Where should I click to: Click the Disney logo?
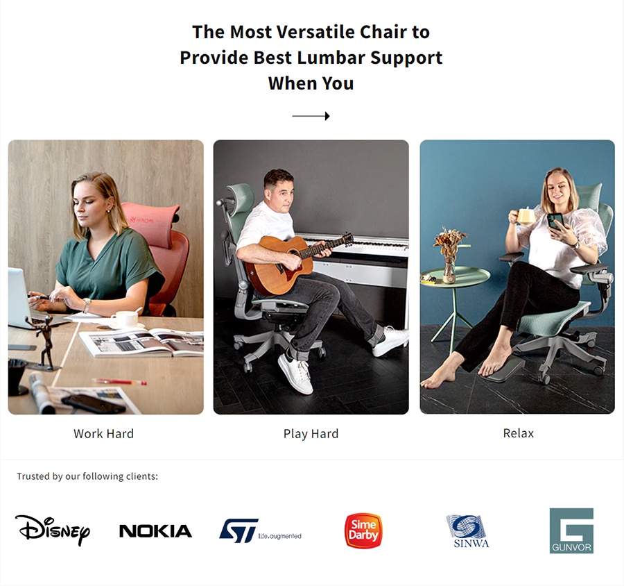[x=53, y=530]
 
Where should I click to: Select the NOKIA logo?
[x=155, y=531]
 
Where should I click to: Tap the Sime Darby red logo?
[x=363, y=530]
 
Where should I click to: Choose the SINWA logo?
[x=467, y=531]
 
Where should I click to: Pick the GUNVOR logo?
[x=571, y=530]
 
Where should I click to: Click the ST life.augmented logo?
[x=260, y=530]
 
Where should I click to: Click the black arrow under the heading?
[x=311, y=116]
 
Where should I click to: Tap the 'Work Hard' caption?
[x=103, y=434]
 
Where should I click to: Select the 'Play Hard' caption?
[x=311, y=434]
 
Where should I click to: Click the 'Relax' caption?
[x=518, y=433]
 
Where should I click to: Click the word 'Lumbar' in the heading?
[x=331, y=58]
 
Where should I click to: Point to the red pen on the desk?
[x=120, y=381]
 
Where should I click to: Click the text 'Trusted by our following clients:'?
[x=87, y=476]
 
